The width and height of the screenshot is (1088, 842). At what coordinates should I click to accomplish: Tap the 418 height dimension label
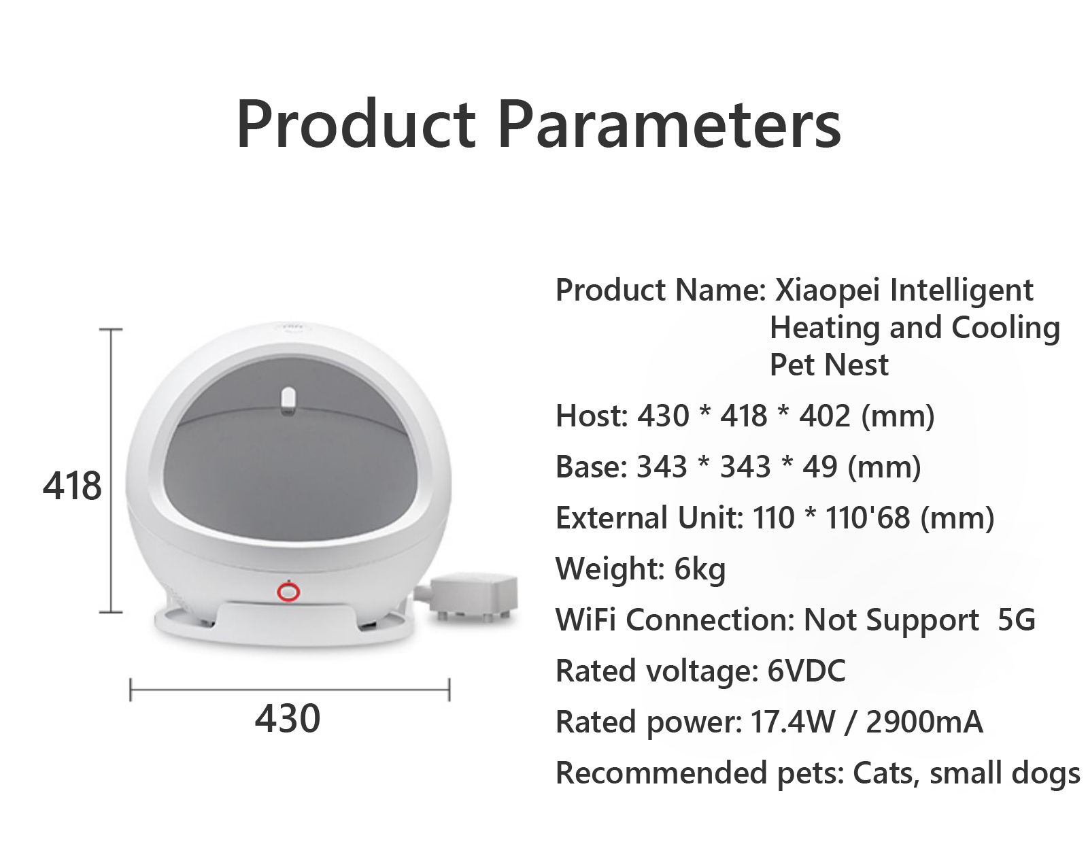(x=72, y=486)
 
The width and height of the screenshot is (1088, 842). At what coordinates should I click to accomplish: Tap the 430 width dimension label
(x=288, y=718)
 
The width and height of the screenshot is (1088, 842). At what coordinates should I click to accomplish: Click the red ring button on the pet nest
(x=288, y=592)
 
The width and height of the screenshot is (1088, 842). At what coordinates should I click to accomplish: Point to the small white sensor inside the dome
(x=288, y=401)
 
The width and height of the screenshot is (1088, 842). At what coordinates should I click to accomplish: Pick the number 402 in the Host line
(x=825, y=416)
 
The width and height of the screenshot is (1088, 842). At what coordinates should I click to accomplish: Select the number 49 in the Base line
(x=820, y=467)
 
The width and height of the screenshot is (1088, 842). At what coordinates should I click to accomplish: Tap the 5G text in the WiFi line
(x=1017, y=620)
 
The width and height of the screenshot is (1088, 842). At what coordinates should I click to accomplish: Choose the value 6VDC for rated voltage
(x=806, y=671)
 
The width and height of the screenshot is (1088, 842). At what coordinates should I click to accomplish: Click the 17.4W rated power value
(x=793, y=722)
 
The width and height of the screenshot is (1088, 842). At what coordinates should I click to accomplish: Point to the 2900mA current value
(x=924, y=722)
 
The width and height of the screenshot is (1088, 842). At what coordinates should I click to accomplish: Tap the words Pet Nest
(x=829, y=365)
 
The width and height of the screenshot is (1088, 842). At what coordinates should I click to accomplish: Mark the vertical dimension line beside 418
(x=111, y=471)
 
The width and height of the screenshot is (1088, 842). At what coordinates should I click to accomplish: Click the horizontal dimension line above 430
(x=290, y=690)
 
